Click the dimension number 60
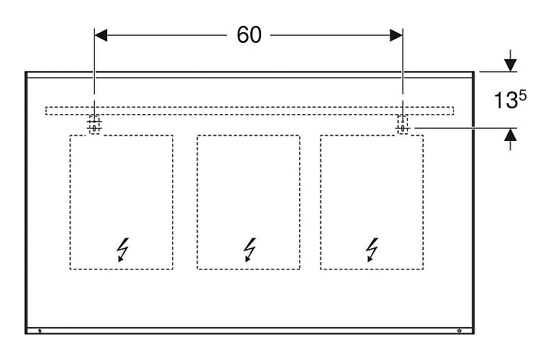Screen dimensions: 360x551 pyautogui.click(x=249, y=35)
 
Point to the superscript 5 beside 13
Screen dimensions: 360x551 pyautogui.click(x=523, y=95)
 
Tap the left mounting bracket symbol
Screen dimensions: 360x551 pyautogui.click(x=94, y=123)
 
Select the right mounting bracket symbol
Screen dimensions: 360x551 pyautogui.click(x=403, y=123)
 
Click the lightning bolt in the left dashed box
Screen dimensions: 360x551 pyautogui.click(x=122, y=249)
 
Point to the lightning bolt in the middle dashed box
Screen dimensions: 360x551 pyautogui.click(x=249, y=249)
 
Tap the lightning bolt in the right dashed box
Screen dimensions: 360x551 pyautogui.click(x=372, y=249)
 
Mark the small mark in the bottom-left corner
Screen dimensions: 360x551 pyautogui.click(x=40, y=332)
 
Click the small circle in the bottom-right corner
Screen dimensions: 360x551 pyautogui.click(x=459, y=332)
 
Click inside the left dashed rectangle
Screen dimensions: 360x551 pyautogui.click(x=122, y=191)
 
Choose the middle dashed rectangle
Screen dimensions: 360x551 pyautogui.click(x=249, y=191)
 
